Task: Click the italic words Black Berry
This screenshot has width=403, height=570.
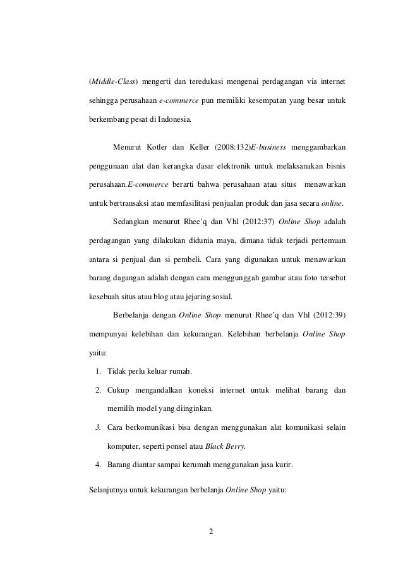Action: coord(226,448)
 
